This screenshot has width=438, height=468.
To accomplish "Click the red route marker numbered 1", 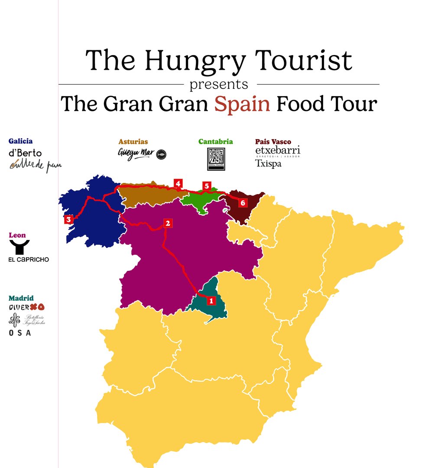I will coord(211,300).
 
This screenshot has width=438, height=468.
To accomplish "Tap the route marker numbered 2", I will coord(168,223).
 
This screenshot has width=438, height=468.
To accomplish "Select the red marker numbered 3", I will coord(68,220).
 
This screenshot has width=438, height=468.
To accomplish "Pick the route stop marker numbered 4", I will coord(178,183).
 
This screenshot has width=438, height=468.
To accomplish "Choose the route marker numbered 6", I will coord(242,202).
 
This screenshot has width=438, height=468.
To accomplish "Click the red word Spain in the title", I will coord(242,104).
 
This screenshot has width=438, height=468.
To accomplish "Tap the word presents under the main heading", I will coord(219,84).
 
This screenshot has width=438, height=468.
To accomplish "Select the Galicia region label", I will coord(20,141).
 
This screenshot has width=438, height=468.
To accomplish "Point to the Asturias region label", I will coord(133,141).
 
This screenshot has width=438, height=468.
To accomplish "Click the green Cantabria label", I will coord(215,141).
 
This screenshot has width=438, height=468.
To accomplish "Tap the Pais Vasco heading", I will coord(273,142).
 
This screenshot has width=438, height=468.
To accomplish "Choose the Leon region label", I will coord(17,235).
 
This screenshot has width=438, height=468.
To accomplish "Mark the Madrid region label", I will coord(21,298).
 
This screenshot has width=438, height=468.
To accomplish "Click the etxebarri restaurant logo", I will coord(278,150).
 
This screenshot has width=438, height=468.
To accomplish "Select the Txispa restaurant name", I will coord(268,164).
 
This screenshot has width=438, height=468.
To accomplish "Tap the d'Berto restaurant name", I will coord(25,153).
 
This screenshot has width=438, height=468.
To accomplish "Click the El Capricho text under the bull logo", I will coord(29,260).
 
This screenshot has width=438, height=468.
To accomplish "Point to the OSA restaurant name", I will coord(20,332).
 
